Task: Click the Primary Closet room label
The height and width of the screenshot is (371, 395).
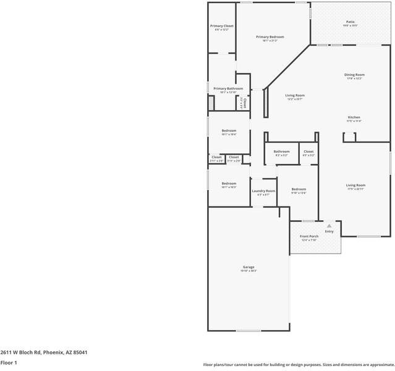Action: [x=221, y=26]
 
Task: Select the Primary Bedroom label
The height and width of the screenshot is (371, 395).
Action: [x=270, y=37]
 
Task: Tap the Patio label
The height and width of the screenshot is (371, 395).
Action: [x=350, y=22]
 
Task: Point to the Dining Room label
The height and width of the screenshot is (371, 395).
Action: [x=354, y=75]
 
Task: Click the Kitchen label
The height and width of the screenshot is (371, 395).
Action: [x=354, y=117]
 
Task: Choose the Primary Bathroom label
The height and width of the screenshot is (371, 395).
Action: [x=228, y=88]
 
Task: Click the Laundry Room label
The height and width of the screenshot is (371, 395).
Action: [x=263, y=191]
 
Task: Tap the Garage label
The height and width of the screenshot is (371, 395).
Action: [x=248, y=267]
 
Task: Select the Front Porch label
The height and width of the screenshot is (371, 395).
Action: [x=309, y=237]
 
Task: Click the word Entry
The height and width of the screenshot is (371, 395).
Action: [x=329, y=232]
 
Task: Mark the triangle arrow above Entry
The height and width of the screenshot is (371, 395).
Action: [x=329, y=226]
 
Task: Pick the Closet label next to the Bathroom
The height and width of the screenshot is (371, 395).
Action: [x=308, y=151]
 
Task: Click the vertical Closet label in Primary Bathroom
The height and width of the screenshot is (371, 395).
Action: [x=245, y=103]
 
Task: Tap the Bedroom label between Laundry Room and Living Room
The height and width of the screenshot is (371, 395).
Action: [x=299, y=189]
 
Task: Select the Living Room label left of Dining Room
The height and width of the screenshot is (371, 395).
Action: [x=295, y=96]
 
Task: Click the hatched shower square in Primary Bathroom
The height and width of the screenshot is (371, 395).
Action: [x=211, y=106]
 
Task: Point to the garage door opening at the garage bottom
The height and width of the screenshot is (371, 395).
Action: [x=248, y=331]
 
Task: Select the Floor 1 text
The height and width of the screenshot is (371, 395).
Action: [x=9, y=362]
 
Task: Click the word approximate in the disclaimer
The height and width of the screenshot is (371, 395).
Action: [x=378, y=365]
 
